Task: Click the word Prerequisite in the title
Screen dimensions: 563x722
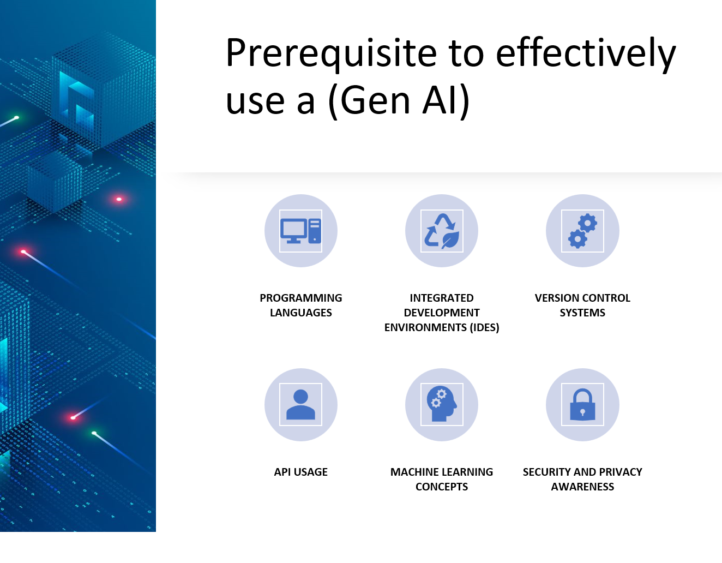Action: (x=331, y=54)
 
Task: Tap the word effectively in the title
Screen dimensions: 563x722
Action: (x=586, y=54)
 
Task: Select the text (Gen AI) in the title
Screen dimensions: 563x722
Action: (x=399, y=101)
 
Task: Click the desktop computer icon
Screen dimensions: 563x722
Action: (x=301, y=231)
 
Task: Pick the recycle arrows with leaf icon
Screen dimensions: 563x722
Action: (x=442, y=231)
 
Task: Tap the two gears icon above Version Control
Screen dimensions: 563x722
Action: (x=582, y=231)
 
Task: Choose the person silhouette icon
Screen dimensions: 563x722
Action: (x=301, y=405)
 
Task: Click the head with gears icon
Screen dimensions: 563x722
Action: (x=442, y=405)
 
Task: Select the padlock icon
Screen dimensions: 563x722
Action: (x=582, y=405)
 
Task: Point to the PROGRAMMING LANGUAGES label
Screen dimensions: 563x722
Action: (x=301, y=305)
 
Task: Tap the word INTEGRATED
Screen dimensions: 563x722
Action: (x=442, y=298)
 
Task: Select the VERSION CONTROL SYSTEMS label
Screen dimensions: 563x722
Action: (x=582, y=305)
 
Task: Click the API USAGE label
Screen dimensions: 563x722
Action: (x=301, y=472)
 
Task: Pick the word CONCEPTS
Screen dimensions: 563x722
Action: (x=442, y=487)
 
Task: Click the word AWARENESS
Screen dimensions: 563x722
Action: (x=582, y=487)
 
